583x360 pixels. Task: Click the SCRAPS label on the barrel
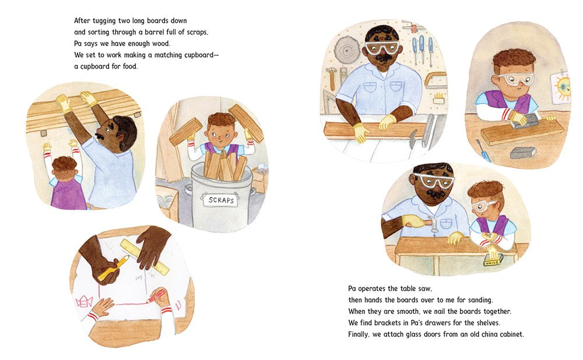tap(221, 200)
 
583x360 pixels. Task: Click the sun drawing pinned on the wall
tap(562, 87)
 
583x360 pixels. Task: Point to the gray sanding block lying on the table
tap(524, 152)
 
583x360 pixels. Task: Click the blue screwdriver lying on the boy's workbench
tap(483, 150)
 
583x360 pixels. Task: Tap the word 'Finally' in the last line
tap(359, 334)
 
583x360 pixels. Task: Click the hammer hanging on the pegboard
tap(331, 78)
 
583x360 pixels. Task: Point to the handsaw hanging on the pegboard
tap(435, 80)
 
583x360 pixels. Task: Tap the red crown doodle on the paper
tap(85, 301)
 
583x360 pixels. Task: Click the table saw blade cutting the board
tap(413, 140)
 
